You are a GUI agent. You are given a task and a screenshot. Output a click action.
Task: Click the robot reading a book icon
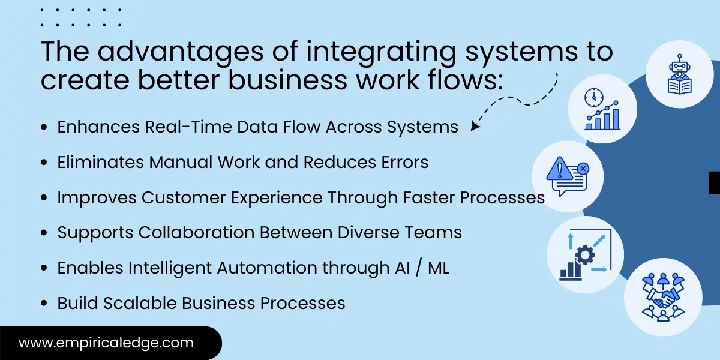[679, 75]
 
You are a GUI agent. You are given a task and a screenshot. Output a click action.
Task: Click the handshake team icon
[663, 297]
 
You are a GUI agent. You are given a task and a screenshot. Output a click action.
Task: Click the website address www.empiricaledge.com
[106, 343]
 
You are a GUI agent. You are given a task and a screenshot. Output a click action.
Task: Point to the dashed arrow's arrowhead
[475, 127]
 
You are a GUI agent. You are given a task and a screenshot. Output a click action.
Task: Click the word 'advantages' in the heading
[181, 52]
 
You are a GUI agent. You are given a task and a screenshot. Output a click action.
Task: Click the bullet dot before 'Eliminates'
[44, 163]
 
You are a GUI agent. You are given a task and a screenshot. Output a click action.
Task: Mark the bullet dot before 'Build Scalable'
[44, 304]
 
